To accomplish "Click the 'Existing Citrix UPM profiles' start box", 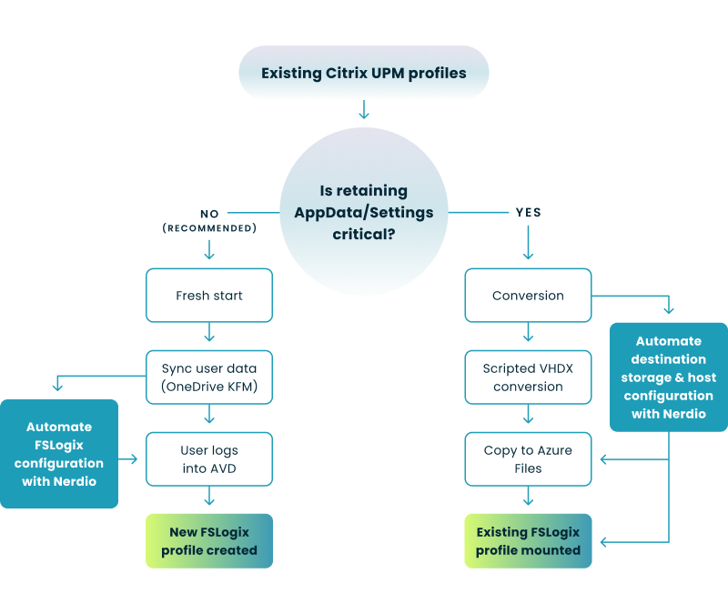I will coord(364,73).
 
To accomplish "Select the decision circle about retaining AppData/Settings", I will coord(364,211).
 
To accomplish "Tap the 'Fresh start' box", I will coord(209,295).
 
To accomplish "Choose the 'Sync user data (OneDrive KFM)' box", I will coord(209,377).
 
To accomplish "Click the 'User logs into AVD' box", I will coord(209,459).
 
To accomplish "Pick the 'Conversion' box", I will coord(528,295).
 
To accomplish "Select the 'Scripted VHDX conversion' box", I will coord(528,377).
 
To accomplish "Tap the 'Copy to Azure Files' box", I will coord(528,459).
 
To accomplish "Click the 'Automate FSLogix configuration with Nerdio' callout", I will coord(60,453).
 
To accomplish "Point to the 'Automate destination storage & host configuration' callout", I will coord(669,377).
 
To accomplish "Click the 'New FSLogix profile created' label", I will coord(209,540).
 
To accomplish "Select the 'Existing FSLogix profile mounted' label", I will coord(528,540).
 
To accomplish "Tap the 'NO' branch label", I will coord(209,214).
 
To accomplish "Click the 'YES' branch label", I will coord(528,212).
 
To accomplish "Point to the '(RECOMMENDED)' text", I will coord(209,228).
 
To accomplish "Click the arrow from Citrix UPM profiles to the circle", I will coord(364,110).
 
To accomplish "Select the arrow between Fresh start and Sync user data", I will coord(209,336).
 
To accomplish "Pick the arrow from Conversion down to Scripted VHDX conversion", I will coord(528,335).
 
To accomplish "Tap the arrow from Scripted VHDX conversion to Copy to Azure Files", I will coord(528,418).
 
